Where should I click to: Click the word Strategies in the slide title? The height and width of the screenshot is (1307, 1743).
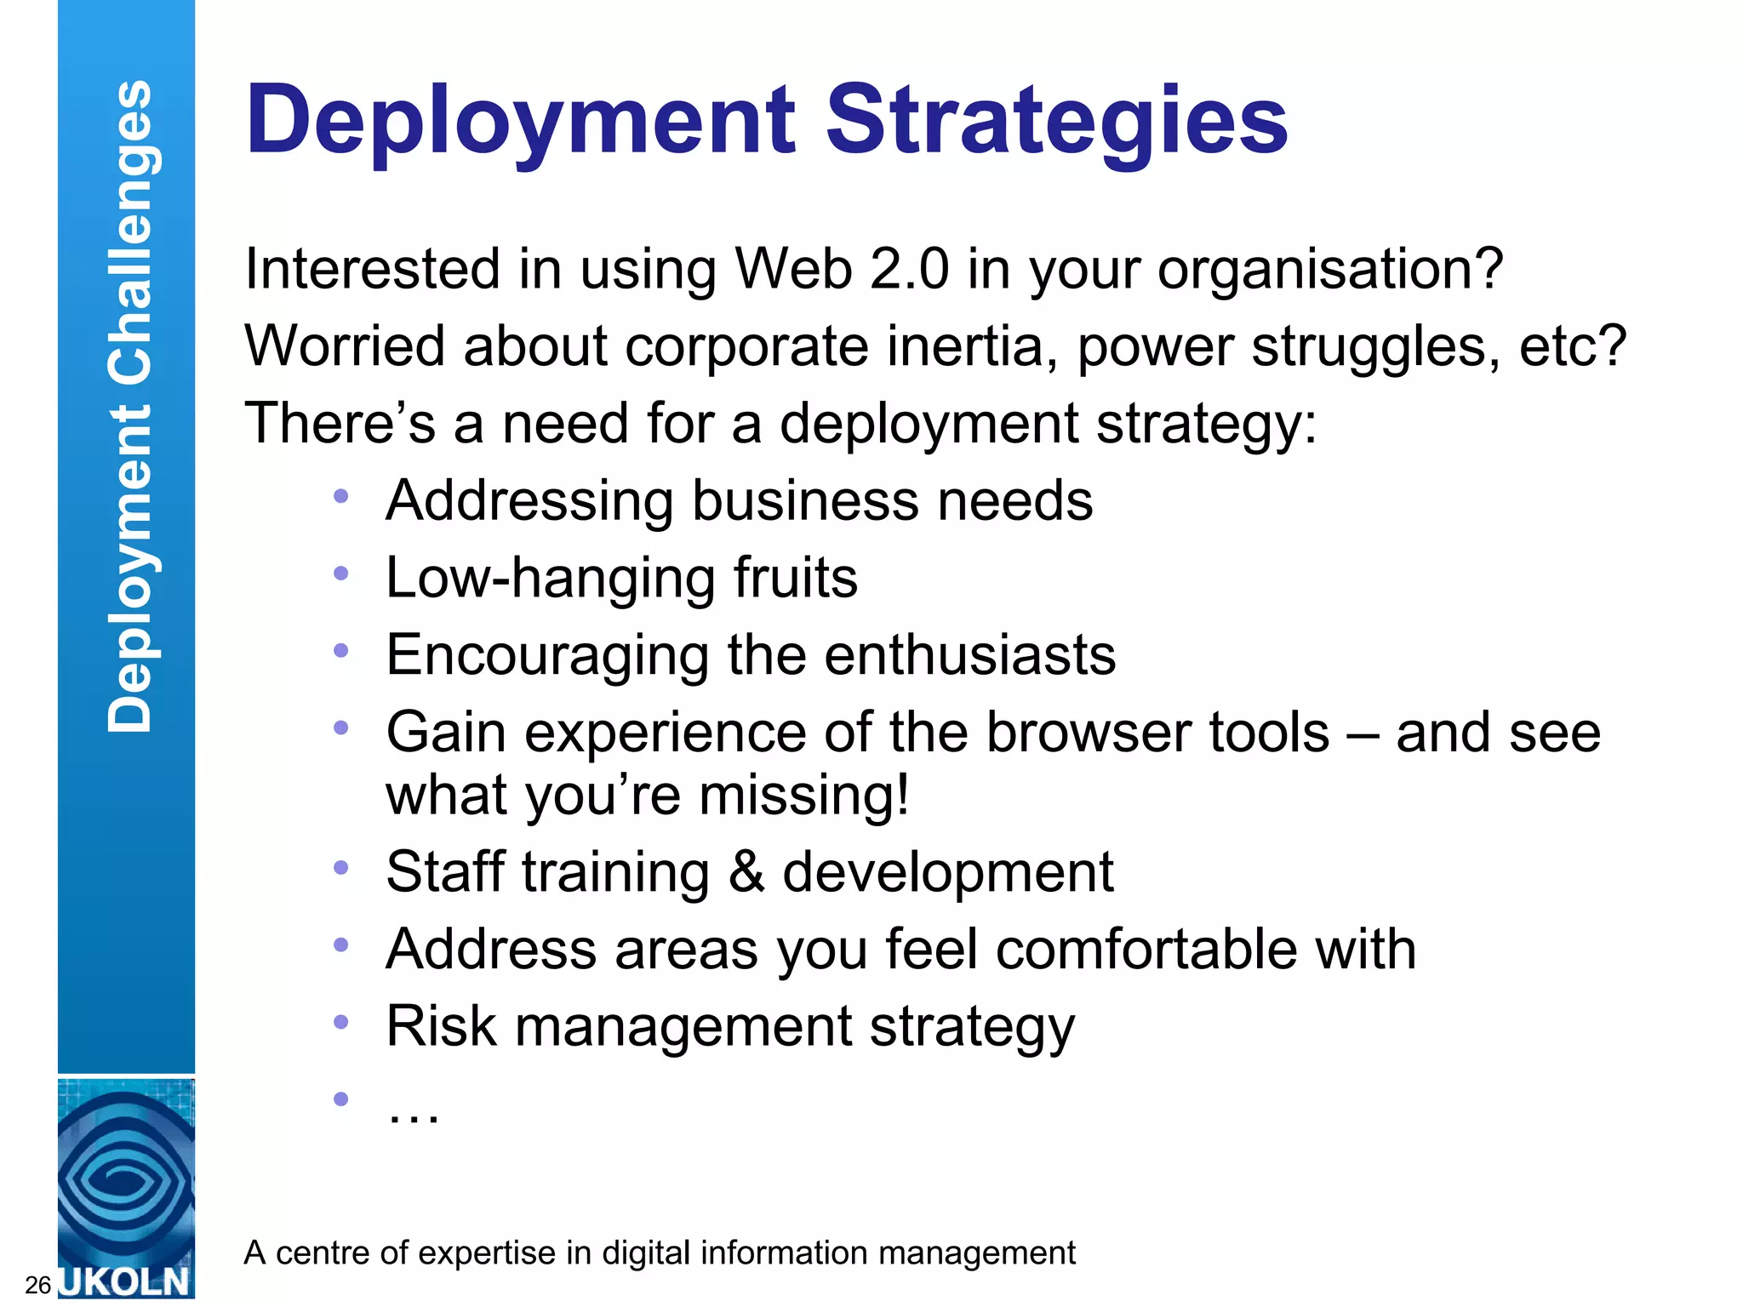[x=1057, y=121]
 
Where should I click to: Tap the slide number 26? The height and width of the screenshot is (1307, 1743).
[x=38, y=1285]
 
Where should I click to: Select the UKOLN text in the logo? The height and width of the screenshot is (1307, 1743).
[x=126, y=1281]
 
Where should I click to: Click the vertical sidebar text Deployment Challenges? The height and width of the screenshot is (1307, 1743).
[x=129, y=407]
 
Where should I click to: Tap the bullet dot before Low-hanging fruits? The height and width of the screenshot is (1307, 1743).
[x=341, y=574]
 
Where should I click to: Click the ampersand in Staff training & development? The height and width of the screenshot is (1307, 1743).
[x=746, y=872]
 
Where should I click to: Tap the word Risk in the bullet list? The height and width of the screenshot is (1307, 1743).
[x=441, y=1026]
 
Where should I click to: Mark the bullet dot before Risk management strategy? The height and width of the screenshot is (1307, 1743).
[x=341, y=1022]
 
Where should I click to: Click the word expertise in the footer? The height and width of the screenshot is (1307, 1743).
[x=483, y=1253]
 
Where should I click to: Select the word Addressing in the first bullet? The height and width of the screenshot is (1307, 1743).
[x=529, y=500]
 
